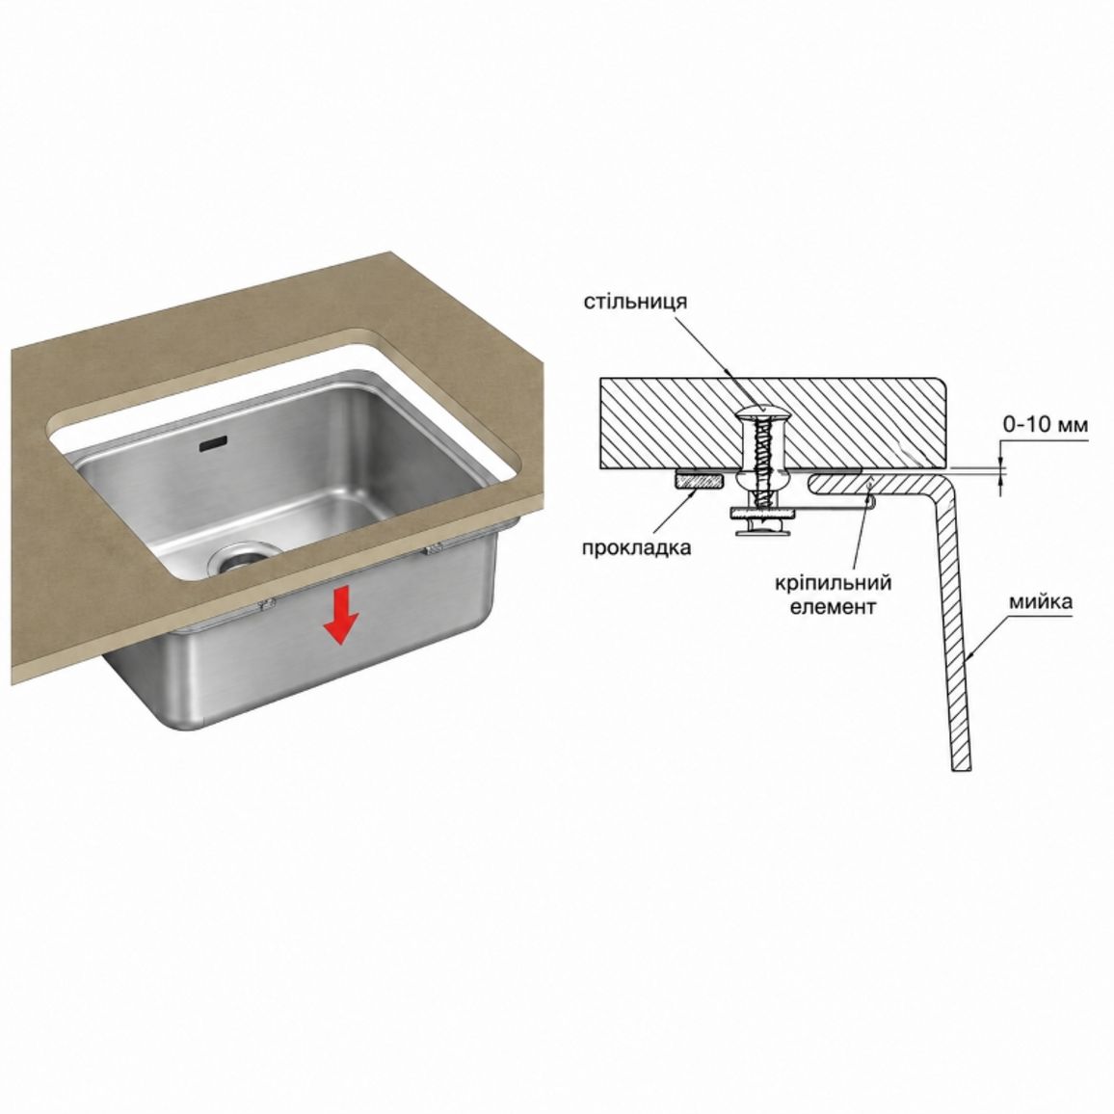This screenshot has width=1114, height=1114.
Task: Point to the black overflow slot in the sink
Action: pyautogui.click(x=213, y=444)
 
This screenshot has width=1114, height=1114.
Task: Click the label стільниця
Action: pyautogui.click(x=635, y=302)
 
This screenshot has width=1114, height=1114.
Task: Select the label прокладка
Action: pyautogui.click(x=636, y=547)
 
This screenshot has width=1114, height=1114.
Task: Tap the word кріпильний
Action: pyautogui.click(x=833, y=584)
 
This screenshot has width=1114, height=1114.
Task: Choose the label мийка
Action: pyautogui.click(x=1040, y=602)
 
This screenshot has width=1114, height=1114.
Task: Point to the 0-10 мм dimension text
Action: pyautogui.click(x=1045, y=425)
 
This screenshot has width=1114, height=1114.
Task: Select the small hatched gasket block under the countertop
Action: pyautogui.click(x=699, y=481)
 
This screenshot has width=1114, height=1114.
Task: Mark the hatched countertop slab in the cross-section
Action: pyautogui.click(x=776, y=422)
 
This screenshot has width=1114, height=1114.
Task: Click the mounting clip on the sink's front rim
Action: pyautogui.click(x=266, y=604)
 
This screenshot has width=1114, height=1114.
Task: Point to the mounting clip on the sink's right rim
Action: pyautogui.click(x=433, y=547)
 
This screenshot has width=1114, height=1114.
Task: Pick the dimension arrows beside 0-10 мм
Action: pyautogui.click(x=1002, y=468)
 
